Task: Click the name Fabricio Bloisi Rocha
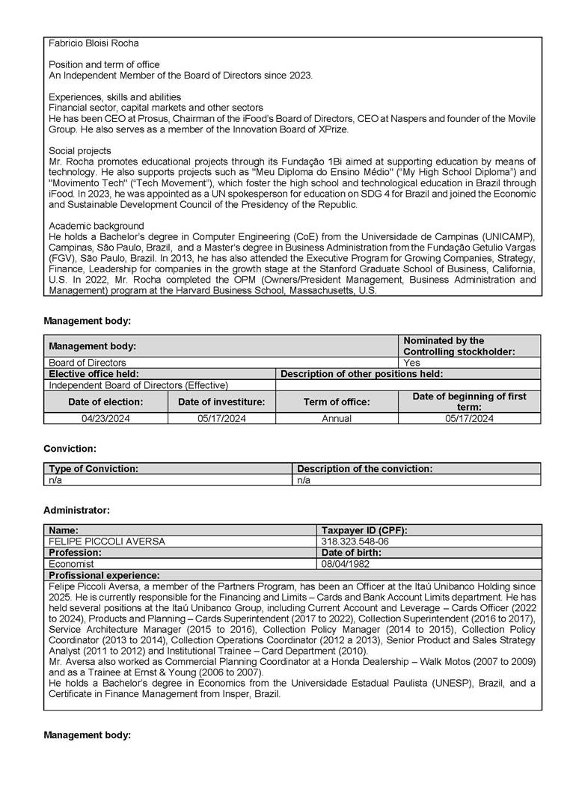[94, 43]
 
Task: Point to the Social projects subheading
[80, 151]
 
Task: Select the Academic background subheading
[96, 226]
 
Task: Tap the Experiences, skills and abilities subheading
[114, 97]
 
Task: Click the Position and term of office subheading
[104, 65]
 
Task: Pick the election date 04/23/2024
[105, 419]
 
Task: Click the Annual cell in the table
[337, 419]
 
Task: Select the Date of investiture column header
[221, 402]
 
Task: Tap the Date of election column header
[105, 402]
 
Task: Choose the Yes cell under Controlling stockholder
[412, 363]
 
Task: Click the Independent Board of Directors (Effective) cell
[138, 385]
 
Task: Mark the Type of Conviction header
[94, 469]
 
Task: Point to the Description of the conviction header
[365, 469]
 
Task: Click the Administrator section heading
[76, 510]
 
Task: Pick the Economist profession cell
[71, 564]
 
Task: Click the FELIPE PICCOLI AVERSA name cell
[107, 541]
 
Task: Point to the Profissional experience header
[104, 575]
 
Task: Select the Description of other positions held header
[361, 374]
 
